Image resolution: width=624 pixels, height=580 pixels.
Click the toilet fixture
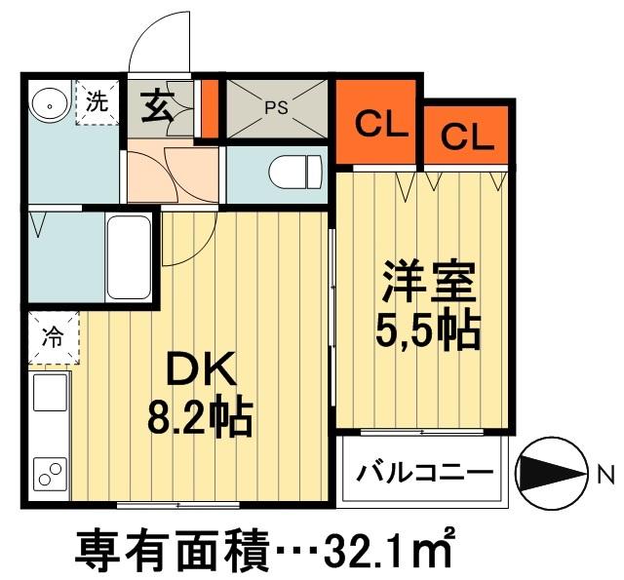pyautogui.click(x=292, y=174)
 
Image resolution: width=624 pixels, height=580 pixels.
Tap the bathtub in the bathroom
pyautogui.click(x=128, y=257)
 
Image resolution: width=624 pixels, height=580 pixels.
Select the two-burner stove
pyautogui.click(x=48, y=474)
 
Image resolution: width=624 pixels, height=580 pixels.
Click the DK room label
pyautogui.click(x=202, y=370)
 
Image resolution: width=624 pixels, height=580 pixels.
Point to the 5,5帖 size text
pyautogui.click(x=426, y=331)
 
